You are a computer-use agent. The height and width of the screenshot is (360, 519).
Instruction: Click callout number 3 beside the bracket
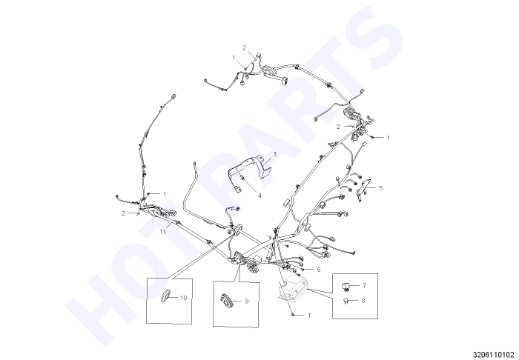tap(275, 154)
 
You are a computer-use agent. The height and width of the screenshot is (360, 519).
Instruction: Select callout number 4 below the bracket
tap(259, 196)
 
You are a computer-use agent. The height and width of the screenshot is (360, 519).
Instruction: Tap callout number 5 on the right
tap(380, 188)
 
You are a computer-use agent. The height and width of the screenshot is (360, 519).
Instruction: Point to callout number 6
tap(318, 270)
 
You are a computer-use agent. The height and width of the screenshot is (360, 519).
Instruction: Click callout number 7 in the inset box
tap(365, 285)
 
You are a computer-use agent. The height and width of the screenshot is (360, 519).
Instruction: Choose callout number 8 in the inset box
tap(363, 301)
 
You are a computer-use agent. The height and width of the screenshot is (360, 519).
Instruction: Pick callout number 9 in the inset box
tap(246, 301)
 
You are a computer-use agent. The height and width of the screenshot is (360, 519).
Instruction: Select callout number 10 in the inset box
tap(183, 298)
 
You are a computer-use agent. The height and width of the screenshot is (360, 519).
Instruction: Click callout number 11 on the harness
tap(162, 232)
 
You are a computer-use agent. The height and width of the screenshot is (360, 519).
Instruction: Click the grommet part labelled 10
tap(165, 296)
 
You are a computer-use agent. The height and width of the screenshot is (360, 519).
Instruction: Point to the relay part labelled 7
tap(346, 286)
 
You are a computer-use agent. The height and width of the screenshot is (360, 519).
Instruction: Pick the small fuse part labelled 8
tap(346, 301)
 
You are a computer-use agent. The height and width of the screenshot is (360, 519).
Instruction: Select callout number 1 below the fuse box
tap(309, 316)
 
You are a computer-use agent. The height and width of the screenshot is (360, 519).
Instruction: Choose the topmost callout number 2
tap(244, 48)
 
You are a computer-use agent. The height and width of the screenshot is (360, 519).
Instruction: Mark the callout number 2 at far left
tap(124, 213)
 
